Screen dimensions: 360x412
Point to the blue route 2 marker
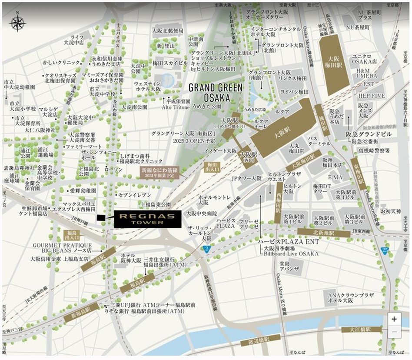point(207,248)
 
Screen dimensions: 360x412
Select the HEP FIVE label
point(369,95)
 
